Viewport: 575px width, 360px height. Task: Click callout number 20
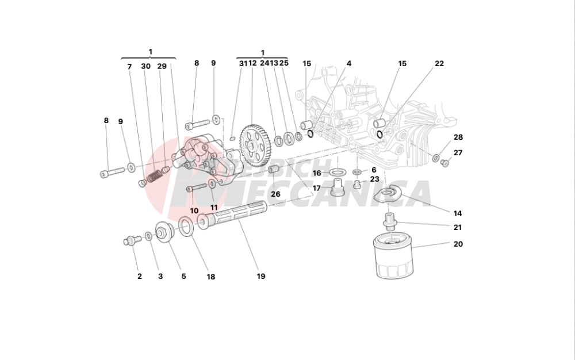458,244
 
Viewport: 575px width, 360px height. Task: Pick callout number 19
261,277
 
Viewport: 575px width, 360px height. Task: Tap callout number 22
439,64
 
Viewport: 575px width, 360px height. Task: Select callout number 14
458,212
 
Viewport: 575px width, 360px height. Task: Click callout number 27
458,153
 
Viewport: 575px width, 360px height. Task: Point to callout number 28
458,137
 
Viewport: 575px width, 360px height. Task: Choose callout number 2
139,277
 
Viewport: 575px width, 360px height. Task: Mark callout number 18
211,277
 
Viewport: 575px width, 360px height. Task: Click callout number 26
275,194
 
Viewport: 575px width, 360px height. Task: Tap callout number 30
146,67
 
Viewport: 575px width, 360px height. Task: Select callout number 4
349,64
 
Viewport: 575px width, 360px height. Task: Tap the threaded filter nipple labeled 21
390,221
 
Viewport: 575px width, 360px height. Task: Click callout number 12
252,63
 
